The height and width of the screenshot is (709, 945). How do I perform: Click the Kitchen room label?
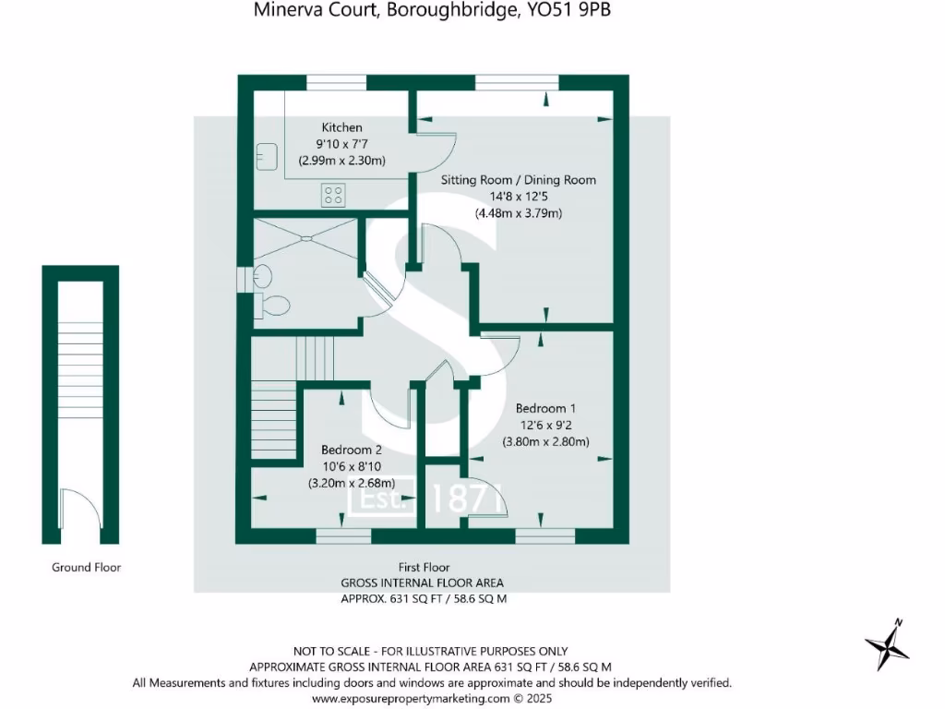pos(341,127)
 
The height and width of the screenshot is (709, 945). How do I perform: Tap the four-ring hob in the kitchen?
pos(333,195)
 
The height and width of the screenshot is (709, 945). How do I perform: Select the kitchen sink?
pos(267,156)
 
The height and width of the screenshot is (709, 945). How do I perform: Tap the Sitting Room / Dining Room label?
pos(518,180)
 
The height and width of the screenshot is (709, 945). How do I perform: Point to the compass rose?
pos(887,643)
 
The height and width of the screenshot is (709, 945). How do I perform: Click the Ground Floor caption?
pos(86,568)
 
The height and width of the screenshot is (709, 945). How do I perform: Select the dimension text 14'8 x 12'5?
pos(519,197)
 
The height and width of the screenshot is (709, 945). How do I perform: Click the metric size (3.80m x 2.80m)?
pos(545,441)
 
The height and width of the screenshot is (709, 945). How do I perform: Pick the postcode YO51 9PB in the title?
pos(576,11)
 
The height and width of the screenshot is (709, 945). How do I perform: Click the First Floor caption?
pos(425,568)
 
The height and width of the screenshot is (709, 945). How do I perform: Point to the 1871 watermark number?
pos(470,499)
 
